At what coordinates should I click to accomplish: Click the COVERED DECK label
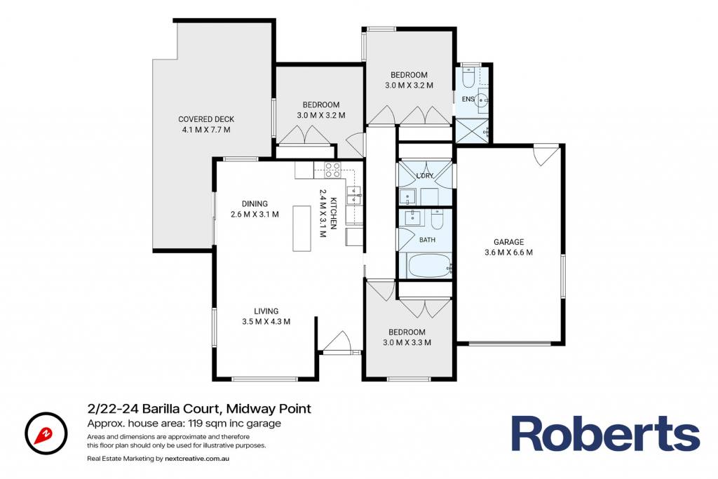206,119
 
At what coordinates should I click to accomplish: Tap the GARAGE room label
508,242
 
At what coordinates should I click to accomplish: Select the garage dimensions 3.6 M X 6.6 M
508,252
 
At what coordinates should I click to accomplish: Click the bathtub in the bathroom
428,266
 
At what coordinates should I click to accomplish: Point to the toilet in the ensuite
468,78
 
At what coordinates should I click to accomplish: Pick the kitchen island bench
302,228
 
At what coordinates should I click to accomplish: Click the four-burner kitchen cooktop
333,170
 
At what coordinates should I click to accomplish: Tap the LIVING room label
266,311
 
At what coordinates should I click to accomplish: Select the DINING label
255,204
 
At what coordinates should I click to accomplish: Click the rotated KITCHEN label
334,213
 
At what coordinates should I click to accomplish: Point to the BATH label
427,240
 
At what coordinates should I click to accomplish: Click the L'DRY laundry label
425,175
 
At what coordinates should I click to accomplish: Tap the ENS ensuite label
468,99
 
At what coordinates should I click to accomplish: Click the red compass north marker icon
46,433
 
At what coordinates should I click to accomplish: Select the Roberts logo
605,433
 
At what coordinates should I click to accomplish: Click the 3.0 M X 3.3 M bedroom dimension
407,342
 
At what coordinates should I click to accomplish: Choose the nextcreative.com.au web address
197,459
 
